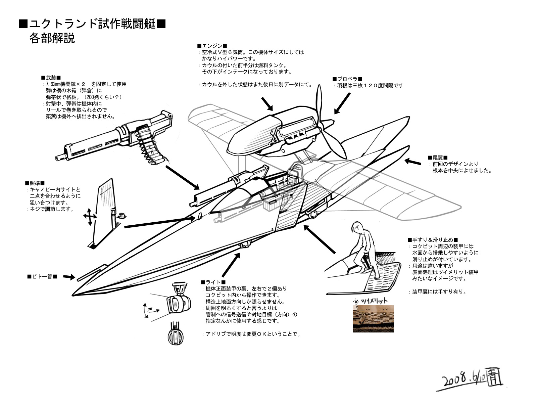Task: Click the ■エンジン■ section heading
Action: pos(212,46)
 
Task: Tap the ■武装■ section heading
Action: pos(51,78)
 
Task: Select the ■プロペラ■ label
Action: pos(347,79)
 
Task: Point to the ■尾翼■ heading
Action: pos(438,158)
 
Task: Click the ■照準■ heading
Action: pos(35,183)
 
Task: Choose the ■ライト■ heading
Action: pos(213,282)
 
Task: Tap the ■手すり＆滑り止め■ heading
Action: pos(433,240)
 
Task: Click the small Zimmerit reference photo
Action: pos(373,319)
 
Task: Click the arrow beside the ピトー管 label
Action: pos(69,277)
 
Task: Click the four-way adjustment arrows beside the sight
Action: pos(90,217)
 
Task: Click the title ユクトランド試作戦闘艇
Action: pos(92,24)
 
